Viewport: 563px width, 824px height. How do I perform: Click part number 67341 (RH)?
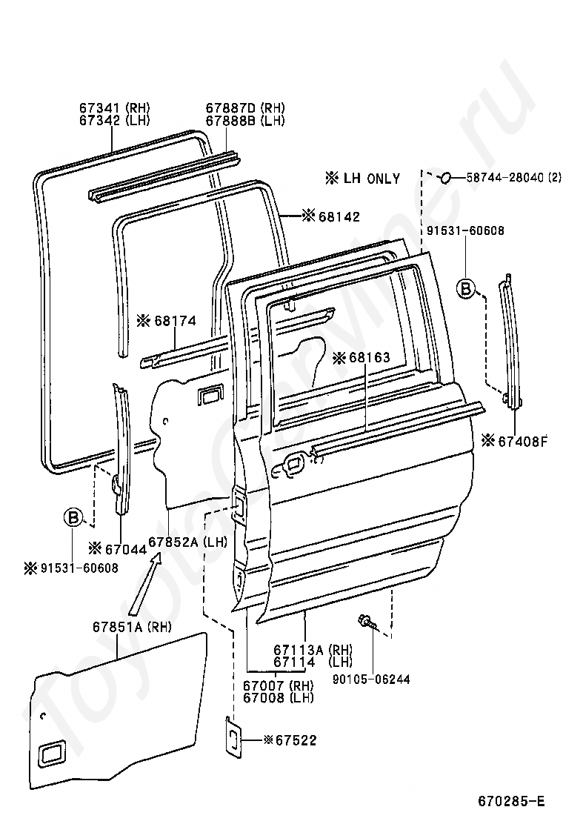(115, 107)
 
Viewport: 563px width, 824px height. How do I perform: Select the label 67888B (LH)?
(244, 120)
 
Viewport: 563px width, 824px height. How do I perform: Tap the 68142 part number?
(339, 216)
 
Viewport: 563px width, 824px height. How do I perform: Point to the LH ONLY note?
(362, 178)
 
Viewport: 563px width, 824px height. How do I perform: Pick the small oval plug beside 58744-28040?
(444, 178)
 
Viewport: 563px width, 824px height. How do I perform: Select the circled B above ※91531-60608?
(73, 517)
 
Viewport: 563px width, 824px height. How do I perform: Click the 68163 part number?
(370, 357)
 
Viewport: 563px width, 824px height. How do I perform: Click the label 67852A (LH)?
(187, 541)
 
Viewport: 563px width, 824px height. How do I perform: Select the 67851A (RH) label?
(132, 627)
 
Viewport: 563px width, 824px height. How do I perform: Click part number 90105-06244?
(371, 680)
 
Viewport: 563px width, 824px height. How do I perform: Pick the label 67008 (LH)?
(279, 697)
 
